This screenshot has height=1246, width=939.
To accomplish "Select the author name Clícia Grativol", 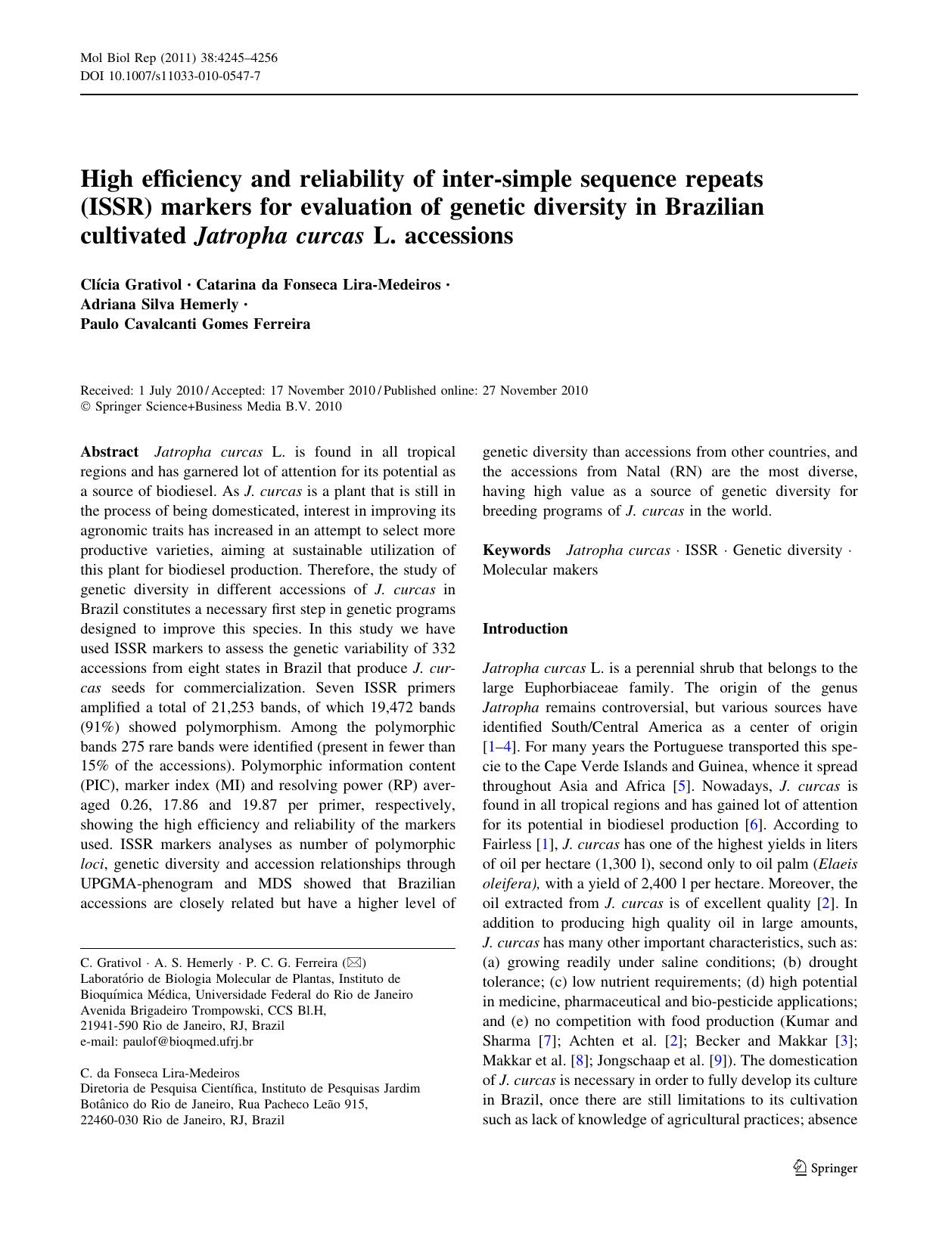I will pyautogui.click(x=131, y=284).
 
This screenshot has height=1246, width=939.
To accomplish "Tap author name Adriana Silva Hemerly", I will pyautogui.click(x=160, y=304).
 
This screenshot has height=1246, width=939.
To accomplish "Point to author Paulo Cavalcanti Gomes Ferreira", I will pyautogui.click(x=195, y=324).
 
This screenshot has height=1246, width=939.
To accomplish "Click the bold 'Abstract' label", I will pyautogui.click(x=109, y=452).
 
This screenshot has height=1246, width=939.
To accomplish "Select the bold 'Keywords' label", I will pyautogui.click(x=516, y=550).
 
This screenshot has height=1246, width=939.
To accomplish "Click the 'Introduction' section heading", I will pyautogui.click(x=524, y=629).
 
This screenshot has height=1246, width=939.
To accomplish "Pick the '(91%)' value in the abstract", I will pyautogui.click(x=97, y=727).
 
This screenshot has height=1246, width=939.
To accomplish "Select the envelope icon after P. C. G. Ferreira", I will pyautogui.click(x=354, y=962).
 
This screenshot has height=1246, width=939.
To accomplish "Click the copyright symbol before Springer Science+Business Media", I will pyautogui.click(x=86, y=407).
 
